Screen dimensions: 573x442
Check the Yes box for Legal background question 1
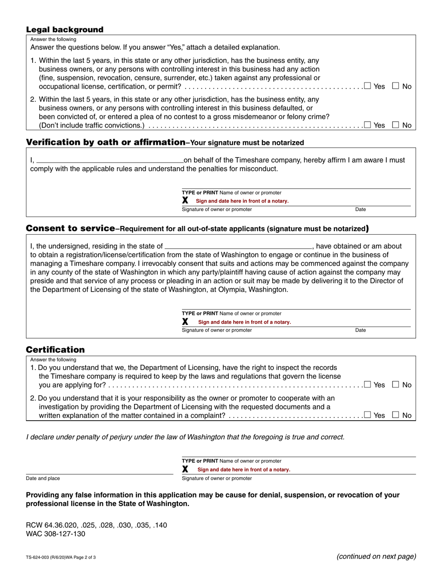pyautogui.click(x=368, y=86)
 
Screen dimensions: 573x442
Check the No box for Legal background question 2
pyautogui.click(x=395, y=124)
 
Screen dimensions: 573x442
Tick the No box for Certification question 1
pyautogui.click(x=395, y=384)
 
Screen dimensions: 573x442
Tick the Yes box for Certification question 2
pyautogui.click(x=368, y=415)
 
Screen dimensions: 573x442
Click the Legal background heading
pyautogui.click(x=65, y=29)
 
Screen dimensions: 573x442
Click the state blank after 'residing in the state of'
pyautogui.click(x=238, y=246)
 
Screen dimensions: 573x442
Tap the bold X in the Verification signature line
pyautogui.click(x=185, y=200)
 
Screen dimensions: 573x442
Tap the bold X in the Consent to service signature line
pyautogui.click(x=185, y=321)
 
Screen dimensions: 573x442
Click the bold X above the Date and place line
pyautogui.click(x=185, y=469)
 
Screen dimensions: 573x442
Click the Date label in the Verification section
pyautogui.click(x=361, y=210)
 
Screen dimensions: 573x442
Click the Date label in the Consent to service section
pyautogui.click(x=361, y=330)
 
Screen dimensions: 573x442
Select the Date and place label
pyautogui.click(x=43, y=478)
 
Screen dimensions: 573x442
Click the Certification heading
pyautogui.click(x=55, y=349)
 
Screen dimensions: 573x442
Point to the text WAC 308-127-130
pyautogui.click(x=56, y=534)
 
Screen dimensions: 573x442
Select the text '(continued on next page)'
pyautogui.click(x=376, y=556)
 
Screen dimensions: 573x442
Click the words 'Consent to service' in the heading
pyautogui.click(x=70, y=228)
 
